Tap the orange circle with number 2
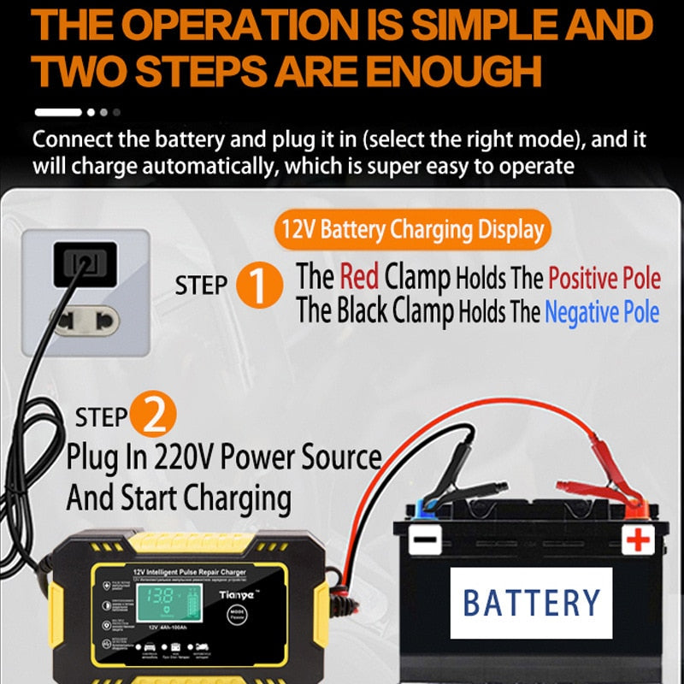(x=155, y=416)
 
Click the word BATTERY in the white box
(x=531, y=602)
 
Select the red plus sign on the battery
(x=637, y=540)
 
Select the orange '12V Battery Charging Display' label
(x=412, y=229)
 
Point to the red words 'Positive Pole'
(x=604, y=278)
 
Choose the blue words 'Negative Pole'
(x=602, y=313)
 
